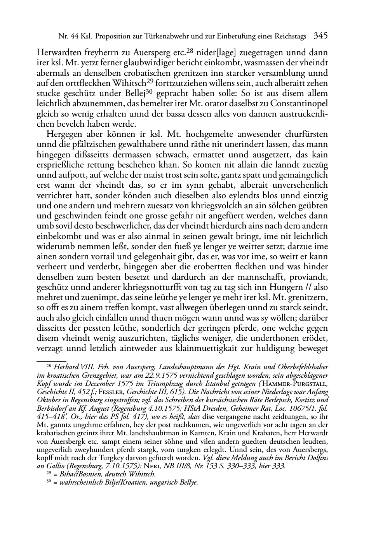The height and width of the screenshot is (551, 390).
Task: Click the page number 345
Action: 320,36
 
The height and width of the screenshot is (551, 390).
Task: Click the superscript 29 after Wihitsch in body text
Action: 149,82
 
